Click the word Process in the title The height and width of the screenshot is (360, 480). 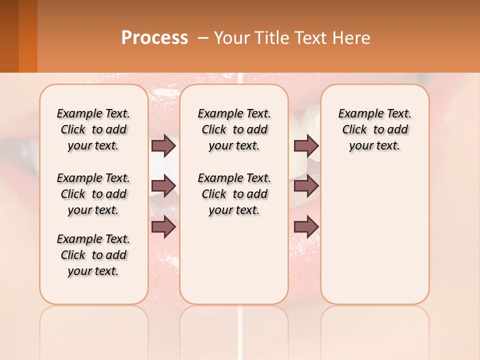(x=154, y=37)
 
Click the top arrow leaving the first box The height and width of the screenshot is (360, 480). (x=163, y=146)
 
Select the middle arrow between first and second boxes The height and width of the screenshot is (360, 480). (x=163, y=186)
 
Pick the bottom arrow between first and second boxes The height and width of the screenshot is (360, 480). (x=163, y=226)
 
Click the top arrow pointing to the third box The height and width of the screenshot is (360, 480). (x=306, y=146)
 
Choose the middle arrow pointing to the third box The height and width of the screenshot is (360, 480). (x=306, y=186)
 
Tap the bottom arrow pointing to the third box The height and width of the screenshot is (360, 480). (x=306, y=226)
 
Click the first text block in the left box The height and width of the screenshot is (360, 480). (x=93, y=129)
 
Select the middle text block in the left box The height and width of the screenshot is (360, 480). (x=93, y=194)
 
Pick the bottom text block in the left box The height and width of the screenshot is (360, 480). (x=93, y=255)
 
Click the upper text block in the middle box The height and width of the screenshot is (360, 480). (x=234, y=129)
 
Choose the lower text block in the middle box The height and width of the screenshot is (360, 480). (x=234, y=194)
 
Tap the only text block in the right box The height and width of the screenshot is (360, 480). (x=374, y=129)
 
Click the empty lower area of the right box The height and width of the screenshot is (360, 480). (x=374, y=240)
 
